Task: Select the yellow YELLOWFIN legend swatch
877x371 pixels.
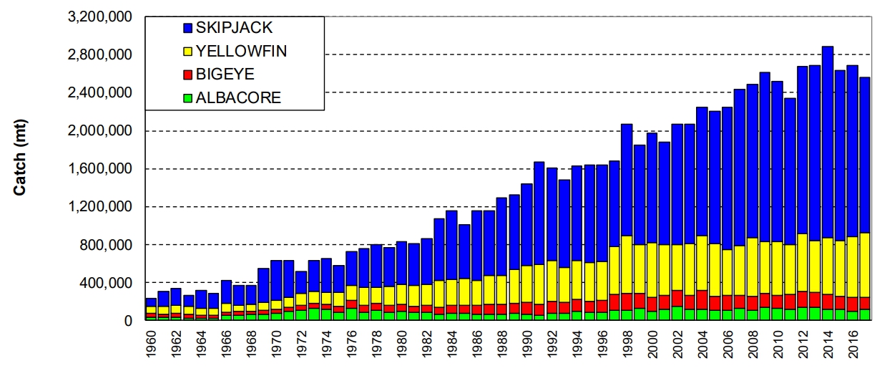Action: click(x=188, y=52)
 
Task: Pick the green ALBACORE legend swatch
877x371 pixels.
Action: click(x=188, y=98)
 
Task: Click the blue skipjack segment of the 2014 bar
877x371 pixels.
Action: click(x=827, y=143)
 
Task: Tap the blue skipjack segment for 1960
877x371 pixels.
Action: click(x=151, y=302)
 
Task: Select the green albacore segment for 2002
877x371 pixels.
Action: click(x=677, y=314)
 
